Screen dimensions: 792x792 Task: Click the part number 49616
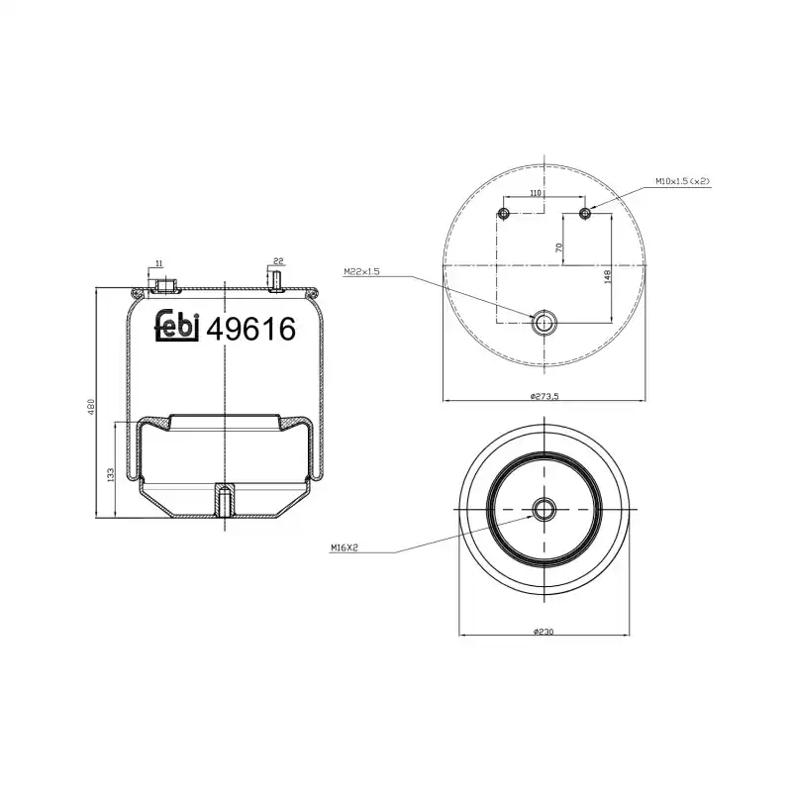pyautogui.click(x=250, y=329)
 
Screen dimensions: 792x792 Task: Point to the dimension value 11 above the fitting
pyautogui.click(x=158, y=262)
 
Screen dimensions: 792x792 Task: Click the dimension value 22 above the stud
pyautogui.click(x=278, y=261)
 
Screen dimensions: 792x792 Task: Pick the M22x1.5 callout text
pyautogui.click(x=361, y=271)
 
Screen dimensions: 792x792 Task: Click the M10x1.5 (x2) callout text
pyautogui.click(x=683, y=181)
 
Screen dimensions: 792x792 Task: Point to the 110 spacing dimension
pyautogui.click(x=536, y=194)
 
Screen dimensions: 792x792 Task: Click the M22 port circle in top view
pyautogui.click(x=544, y=322)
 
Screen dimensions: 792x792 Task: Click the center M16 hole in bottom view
pyautogui.click(x=544, y=510)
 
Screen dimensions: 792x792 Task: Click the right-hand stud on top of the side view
pyautogui.click(x=276, y=281)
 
